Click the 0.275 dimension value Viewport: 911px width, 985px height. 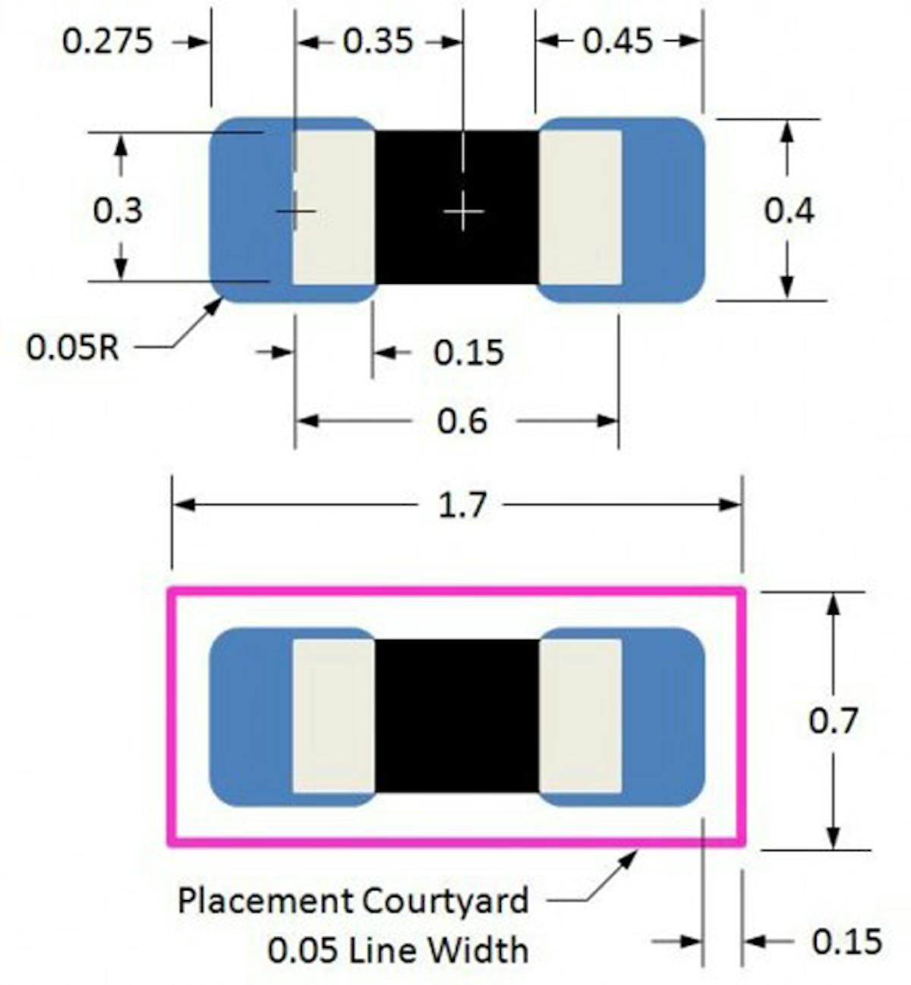pyautogui.click(x=107, y=41)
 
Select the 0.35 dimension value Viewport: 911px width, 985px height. pyautogui.click(x=377, y=41)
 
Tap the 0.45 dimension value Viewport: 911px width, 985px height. pyautogui.click(x=617, y=41)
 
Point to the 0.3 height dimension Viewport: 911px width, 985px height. pyautogui.click(x=117, y=209)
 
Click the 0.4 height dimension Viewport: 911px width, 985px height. pyautogui.click(x=789, y=210)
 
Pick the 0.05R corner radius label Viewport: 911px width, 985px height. pyautogui.click(x=73, y=348)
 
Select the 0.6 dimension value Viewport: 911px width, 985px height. pyautogui.click(x=462, y=420)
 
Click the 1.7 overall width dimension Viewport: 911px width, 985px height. pyautogui.click(x=462, y=505)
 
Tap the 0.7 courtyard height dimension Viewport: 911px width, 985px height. pyautogui.click(x=833, y=720)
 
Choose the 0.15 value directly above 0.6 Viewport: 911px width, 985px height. pyautogui.click(x=468, y=353)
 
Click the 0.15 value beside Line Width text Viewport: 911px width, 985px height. pyautogui.click(x=846, y=942)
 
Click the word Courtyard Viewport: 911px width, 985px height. pyautogui.click(x=444, y=901)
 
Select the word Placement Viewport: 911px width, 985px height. pyautogui.click(x=265, y=901)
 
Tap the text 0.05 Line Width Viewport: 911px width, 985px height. pyautogui.click(x=398, y=949)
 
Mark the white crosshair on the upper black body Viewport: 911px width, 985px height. pyautogui.click(x=463, y=210)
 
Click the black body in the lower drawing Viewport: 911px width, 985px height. pyautogui.click(x=457, y=716)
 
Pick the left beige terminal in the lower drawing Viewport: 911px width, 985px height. pyautogui.click(x=334, y=716)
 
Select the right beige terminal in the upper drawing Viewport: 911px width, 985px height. pyautogui.click(x=580, y=208)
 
